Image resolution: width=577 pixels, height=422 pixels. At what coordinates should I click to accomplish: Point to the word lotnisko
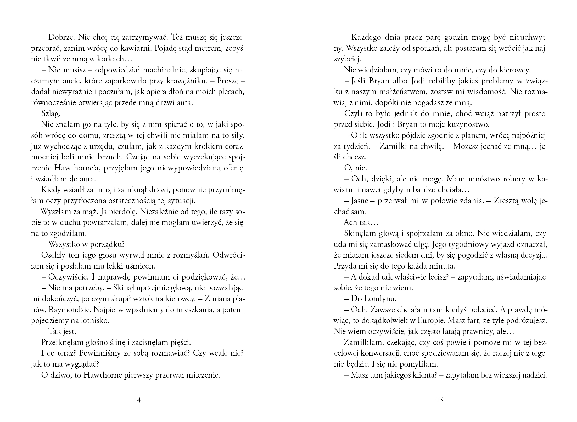coord(91,321)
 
